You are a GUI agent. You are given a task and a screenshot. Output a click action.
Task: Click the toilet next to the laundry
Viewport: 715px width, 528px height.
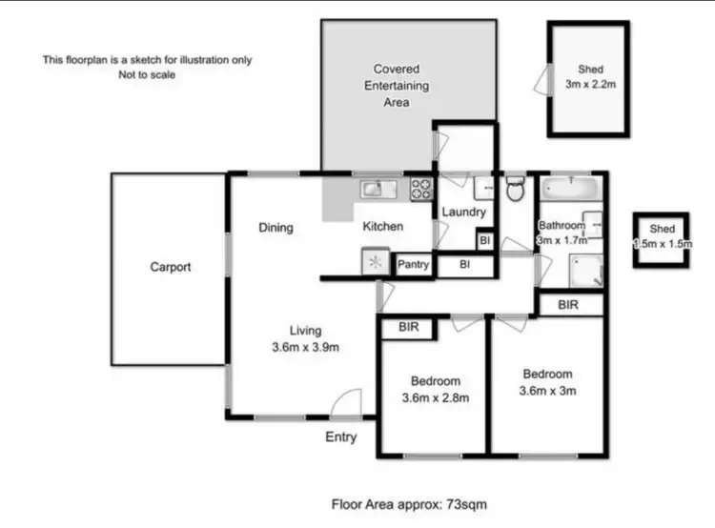click(516, 190)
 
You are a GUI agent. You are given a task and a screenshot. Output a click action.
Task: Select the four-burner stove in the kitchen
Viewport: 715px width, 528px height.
click(421, 189)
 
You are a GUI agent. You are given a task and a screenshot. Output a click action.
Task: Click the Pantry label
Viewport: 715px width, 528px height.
click(413, 264)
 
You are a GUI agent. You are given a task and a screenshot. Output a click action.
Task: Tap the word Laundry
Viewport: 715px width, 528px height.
click(463, 213)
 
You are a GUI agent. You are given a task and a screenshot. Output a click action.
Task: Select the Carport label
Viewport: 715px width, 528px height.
click(170, 267)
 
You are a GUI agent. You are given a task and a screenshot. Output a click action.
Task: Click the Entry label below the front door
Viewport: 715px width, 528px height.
click(341, 437)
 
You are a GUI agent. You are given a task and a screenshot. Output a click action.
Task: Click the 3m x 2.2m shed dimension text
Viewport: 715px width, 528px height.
click(590, 85)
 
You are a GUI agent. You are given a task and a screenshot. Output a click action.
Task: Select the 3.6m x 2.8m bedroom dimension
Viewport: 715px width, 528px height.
click(436, 397)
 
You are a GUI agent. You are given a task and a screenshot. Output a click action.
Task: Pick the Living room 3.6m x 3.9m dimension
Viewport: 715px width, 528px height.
click(305, 347)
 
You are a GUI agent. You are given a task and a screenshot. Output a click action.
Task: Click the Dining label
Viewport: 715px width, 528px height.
click(276, 228)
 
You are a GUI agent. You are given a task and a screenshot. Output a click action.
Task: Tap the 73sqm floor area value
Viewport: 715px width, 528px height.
click(468, 503)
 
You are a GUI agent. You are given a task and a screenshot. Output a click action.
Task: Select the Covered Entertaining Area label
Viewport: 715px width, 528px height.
click(400, 85)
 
